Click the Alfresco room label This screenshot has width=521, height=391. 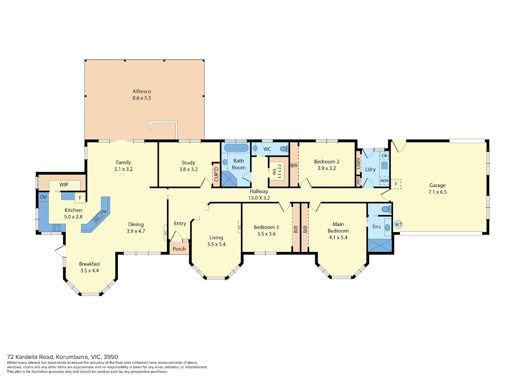(x=142, y=91)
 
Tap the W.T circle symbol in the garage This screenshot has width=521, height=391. (x=398, y=224)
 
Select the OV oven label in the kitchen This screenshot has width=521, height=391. (x=43, y=197)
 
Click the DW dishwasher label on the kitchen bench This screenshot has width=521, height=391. (x=104, y=212)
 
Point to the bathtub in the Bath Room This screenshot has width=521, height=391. (x=236, y=147)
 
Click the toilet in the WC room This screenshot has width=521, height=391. (x=284, y=149)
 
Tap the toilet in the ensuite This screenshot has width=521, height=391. (x=386, y=209)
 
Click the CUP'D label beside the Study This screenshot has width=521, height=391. (x=216, y=175)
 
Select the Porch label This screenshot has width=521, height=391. (x=179, y=249)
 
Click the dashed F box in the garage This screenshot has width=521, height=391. (x=396, y=184)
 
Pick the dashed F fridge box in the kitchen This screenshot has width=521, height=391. (x=80, y=198)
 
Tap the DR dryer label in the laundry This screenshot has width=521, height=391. (x=384, y=156)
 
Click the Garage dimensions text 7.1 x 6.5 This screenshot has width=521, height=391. (x=437, y=192)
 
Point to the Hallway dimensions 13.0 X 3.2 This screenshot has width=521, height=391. (x=259, y=198)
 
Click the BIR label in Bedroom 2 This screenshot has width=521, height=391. (x=294, y=165)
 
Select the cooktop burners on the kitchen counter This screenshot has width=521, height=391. (x=56, y=228)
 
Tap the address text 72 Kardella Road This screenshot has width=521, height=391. (x=31, y=357)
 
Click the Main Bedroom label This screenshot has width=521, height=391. (x=338, y=227)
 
